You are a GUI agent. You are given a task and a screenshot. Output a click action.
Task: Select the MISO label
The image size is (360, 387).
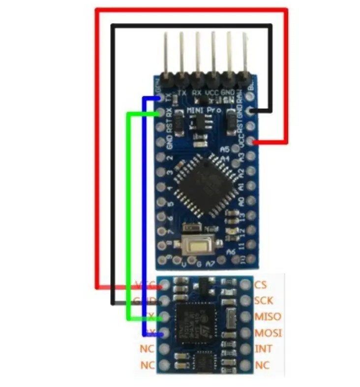point(267,317)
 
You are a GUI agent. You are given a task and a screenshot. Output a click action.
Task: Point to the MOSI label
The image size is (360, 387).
point(268,333)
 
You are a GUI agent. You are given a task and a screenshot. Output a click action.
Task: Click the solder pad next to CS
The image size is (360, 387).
point(244,284)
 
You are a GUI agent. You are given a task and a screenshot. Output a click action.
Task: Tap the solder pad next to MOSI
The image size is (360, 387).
point(244,333)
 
